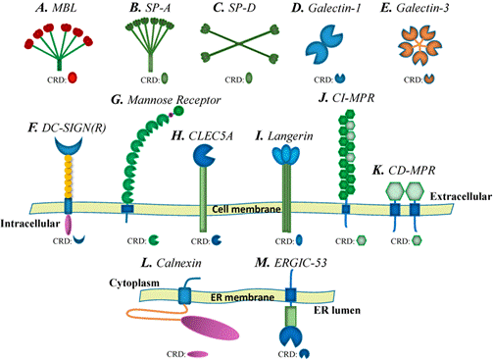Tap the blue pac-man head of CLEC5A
click(205, 158)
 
